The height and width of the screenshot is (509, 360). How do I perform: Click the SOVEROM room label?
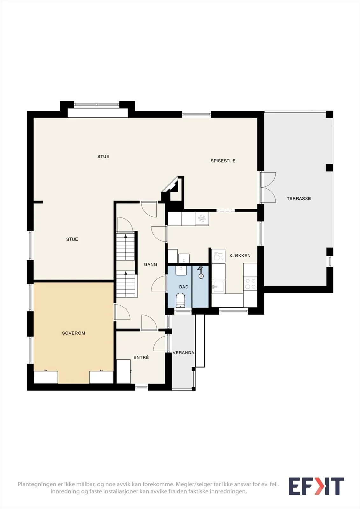click(74, 333)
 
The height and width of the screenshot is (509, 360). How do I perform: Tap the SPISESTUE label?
click(223, 161)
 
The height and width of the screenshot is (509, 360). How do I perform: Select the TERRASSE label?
click(299, 199)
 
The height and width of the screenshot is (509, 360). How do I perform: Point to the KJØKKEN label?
click(240, 255)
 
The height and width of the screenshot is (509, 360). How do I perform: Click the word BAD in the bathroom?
click(184, 287)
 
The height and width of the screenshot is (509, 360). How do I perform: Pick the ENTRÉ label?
click(141, 357)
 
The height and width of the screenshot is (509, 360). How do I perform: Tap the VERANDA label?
click(183, 353)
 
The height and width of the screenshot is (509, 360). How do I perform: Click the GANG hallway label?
click(151, 264)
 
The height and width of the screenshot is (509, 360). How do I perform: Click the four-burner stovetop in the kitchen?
click(250, 284)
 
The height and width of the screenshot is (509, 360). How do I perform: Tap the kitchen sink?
click(219, 287)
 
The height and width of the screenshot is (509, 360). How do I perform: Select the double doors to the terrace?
click(268, 187)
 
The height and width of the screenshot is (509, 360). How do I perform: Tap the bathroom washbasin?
click(181, 270)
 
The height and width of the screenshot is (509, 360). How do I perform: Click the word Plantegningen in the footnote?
click(37, 484)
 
